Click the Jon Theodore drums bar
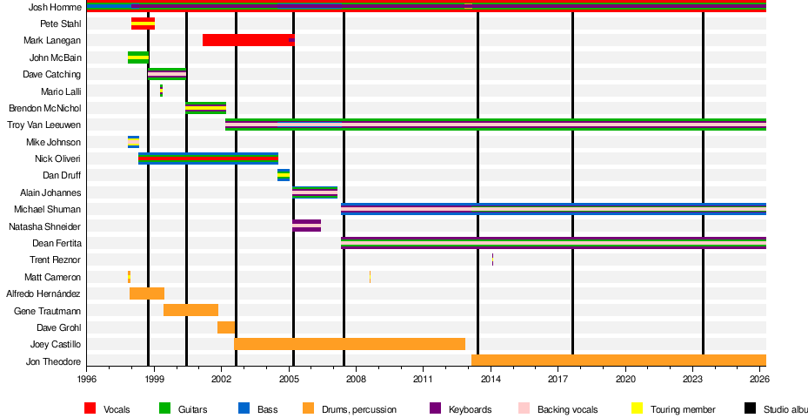pos(618,361)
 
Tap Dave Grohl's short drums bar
pos(226,327)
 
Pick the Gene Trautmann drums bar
pos(190,310)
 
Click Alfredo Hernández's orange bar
pos(147,293)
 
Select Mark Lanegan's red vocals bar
pos(248,40)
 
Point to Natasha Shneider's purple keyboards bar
pos(306,226)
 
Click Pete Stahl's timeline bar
pos(143,24)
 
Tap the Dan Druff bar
pos(284,175)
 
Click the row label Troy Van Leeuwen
pos(44,125)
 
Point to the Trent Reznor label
pos(55,260)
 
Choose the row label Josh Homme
pos(55,7)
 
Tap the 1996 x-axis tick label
pos(87,380)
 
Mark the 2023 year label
pos(692,380)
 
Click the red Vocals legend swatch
pos(90,408)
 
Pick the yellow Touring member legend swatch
pos(636,408)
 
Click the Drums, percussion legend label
pos(360,409)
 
